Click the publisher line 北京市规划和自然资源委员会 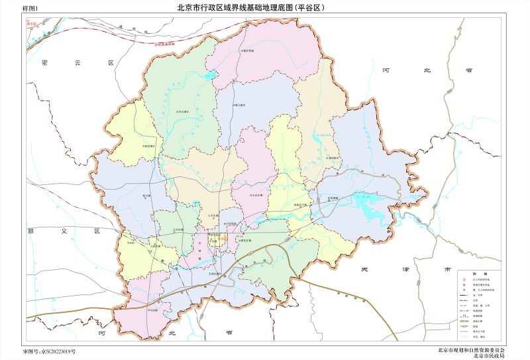pyautogui.click(x=471, y=349)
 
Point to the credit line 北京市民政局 pyautogui.click(x=489, y=356)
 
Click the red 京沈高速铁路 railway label pyautogui.click(x=166, y=44)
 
